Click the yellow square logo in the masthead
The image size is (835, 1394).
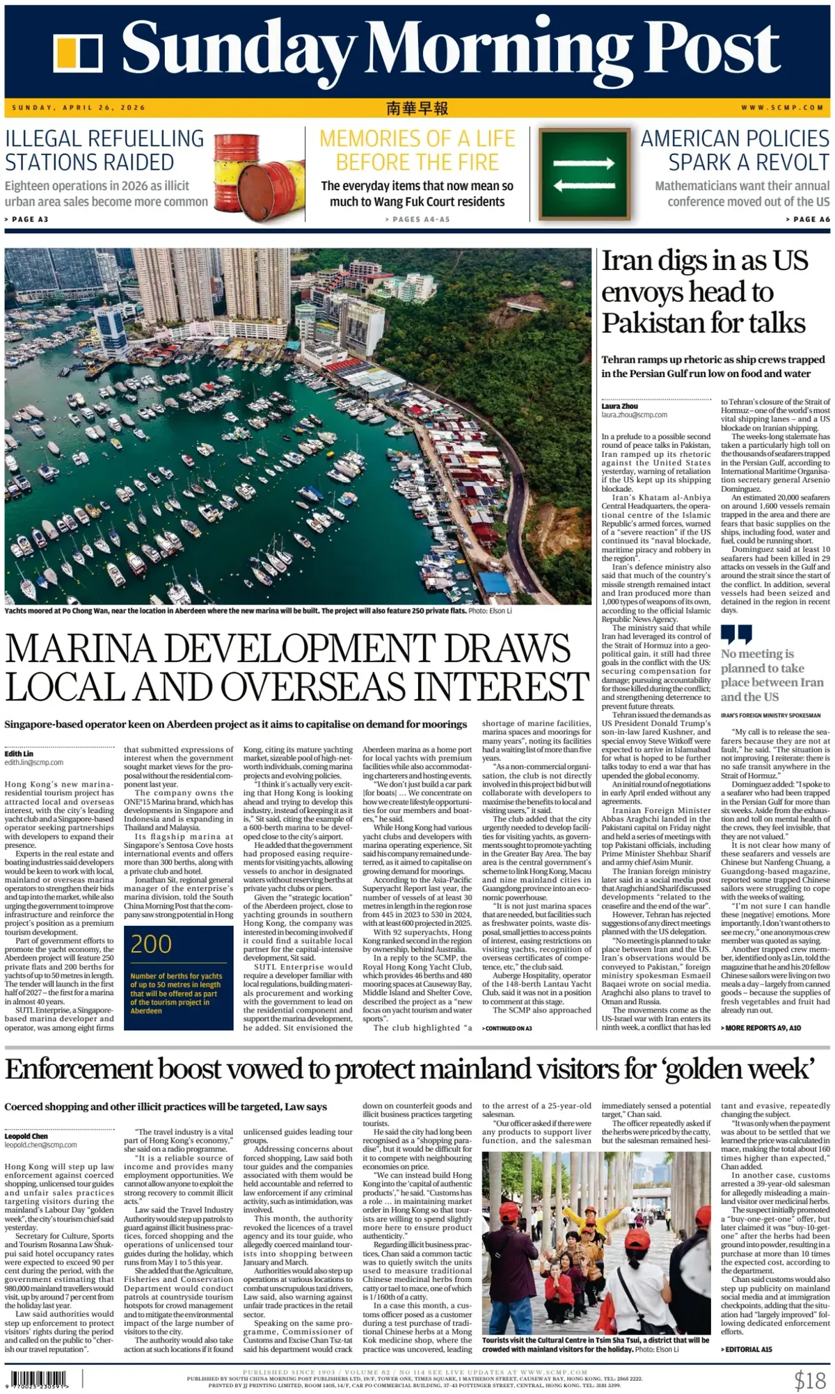tap(78, 53)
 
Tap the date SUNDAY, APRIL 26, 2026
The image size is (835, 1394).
tap(79, 108)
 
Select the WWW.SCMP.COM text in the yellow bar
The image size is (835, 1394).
tap(782, 108)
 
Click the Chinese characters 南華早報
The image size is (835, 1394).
tap(417, 108)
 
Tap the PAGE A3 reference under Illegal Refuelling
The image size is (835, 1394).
tap(28, 219)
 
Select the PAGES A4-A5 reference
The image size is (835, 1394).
tap(417, 219)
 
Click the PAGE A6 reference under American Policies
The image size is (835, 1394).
tap(809, 219)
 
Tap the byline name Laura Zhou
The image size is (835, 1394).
tap(620, 406)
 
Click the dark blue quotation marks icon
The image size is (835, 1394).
tap(736, 634)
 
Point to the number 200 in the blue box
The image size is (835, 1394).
tap(151, 944)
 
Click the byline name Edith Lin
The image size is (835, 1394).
tap(19, 753)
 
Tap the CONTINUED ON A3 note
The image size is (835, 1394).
tap(508, 1028)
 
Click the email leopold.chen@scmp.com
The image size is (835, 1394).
tap(41, 1145)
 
